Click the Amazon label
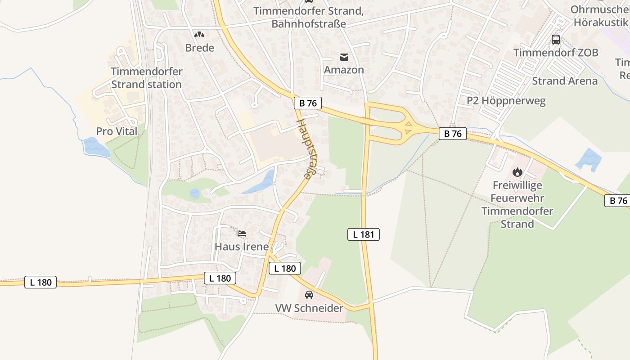pyautogui.click(x=344, y=70)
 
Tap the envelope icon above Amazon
pyautogui.click(x=344, y=57)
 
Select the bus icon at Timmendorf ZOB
pyautogui.click(x=556, y=40)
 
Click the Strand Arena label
pyautogui.click(x=565, y=81)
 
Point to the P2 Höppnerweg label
pyautogui.click(x=506, y=100)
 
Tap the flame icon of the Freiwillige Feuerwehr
pyautogui.click(x=517, y=172)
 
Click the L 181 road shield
pyautogui.click(x=364, y=234)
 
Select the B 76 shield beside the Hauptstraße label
pyautogui.click(x=308, y=103)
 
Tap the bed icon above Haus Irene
pyautogui.click(x=242, y=234)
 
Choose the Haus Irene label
pyautogui.click(x=242, y=247)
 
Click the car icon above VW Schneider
pyautogui.click(x=309, y=295)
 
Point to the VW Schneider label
pyautogui.click(x=309, y=308)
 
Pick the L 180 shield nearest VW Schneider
pyautogui.click(x=284, y=269)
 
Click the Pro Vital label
pyautogui.click(x=117, y=131)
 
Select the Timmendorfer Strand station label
pyautogui.click(x=146, y=78)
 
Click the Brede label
pyautogui.click(x=199, y=48)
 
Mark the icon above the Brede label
pyautogui.click(x=199, y=34)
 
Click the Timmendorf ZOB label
pyautogui.click(x=556, y=53)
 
